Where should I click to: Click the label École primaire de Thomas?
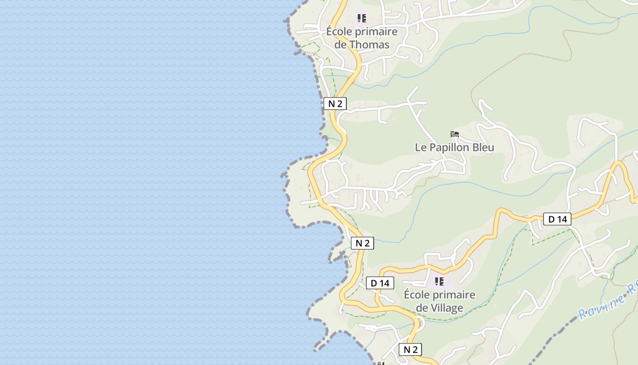click(362, 38)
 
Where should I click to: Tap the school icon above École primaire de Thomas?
click(362, 18)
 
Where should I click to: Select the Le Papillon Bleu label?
click(454, 147)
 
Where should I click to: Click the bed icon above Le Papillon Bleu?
click(454, 134)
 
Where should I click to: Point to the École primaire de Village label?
click(439, 301)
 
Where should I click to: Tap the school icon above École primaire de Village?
click(439, 281)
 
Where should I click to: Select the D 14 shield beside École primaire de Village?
click(380, 283)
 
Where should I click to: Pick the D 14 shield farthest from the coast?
click(557, 219)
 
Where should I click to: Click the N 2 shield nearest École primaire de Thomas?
click(335, 104)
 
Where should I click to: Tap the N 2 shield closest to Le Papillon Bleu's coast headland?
click(362, 243)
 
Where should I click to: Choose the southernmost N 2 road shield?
click(410, 349)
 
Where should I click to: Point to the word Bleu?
click(482, 147)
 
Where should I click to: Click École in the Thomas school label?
click(339, 31)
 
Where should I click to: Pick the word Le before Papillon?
click(420, 147)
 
